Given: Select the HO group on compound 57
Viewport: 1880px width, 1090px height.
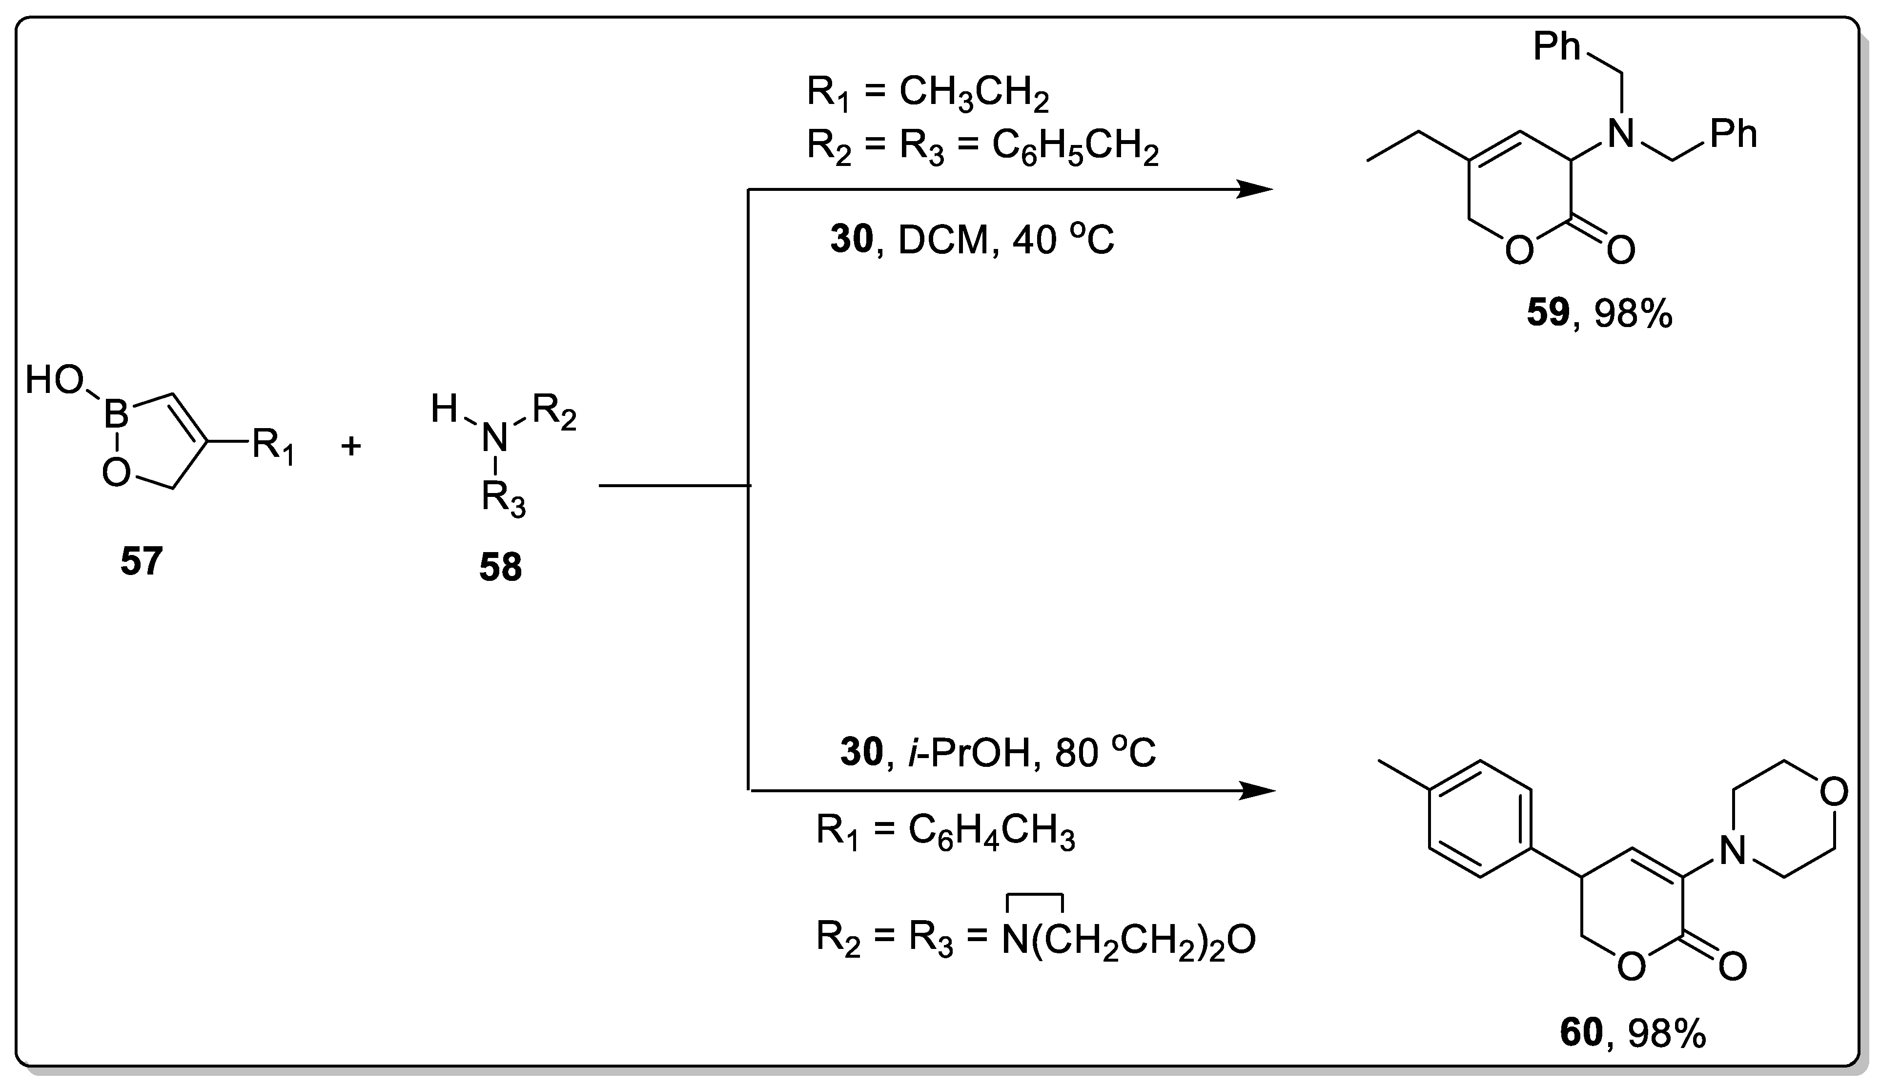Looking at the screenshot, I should coord(54,380).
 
